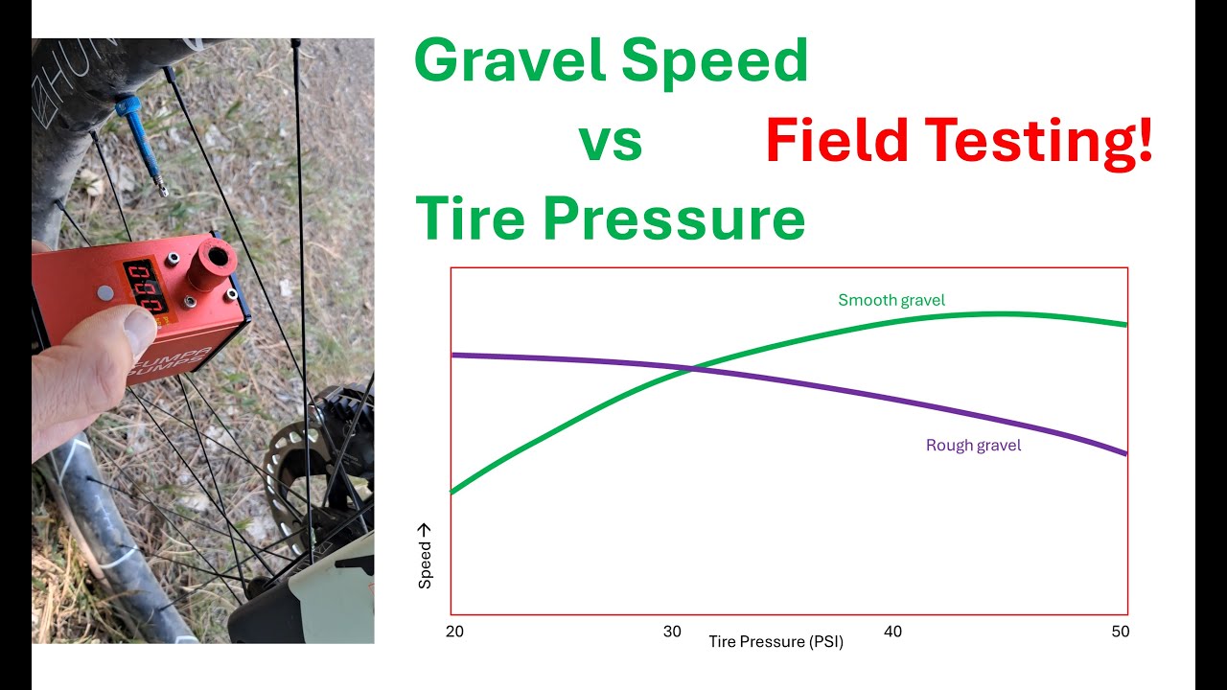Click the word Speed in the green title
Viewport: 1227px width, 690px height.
click(x=715, y=62)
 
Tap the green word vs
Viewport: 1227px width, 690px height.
click(x=610, y=143)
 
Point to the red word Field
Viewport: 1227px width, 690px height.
click(x=837, y=143)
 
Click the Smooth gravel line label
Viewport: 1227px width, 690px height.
click(x=891, y=300)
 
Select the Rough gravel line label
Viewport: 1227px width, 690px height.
click(x=973, y=445)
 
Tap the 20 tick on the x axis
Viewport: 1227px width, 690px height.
click(x=454, y=632)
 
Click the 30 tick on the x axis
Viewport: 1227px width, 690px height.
click(x=673, y=632)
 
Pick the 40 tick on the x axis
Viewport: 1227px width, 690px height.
click(x=892, y=632)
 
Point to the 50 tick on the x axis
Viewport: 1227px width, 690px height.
click(x=1120, y=632)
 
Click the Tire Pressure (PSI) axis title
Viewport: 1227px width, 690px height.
click(x=776, y=642)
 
